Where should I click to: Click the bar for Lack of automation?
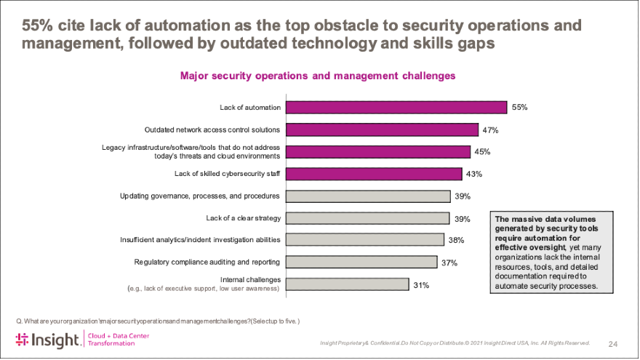click(396, 108)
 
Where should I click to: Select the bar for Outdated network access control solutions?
click(382, 129)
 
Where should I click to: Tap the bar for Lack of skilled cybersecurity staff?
click(374, 174)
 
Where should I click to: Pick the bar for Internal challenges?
click(347, 284)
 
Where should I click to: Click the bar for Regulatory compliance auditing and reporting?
click(361, 262)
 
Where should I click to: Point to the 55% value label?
click(519, 108)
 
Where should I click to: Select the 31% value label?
click(420, 285)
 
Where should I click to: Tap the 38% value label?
click(456, 240)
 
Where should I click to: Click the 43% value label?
click(474, 175)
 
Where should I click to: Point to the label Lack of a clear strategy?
click(243, 217)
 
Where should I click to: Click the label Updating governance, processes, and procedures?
click(200, 196)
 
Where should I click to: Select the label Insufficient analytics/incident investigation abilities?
click(200, 239)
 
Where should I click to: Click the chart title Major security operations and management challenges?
click(318, 76)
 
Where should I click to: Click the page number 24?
click(612, 343)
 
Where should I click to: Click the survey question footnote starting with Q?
click(157, 321)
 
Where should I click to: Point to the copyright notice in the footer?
click(455, 343)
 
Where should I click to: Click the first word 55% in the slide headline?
click(37, 25)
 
